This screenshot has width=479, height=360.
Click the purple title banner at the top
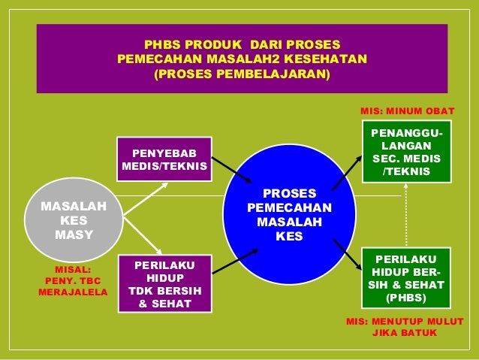click(x=242, y=59)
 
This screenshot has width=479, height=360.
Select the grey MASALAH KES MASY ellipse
click(x=74, y=219)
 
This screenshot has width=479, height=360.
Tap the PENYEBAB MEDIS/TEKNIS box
click(x=164, y=159)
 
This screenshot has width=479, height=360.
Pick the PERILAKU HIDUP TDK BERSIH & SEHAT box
click(x=164, y=284)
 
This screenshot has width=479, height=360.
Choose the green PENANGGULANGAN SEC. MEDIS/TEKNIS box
click(x=405, y=152)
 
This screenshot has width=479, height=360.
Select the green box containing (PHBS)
click(x=405, y=278)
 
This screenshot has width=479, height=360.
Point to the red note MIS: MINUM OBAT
click(x=408, y=110)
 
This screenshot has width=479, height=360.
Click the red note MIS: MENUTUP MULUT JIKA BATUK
click(x=404, y=327)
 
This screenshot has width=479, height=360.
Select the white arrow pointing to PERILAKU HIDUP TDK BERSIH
click(x=144, y=235)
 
